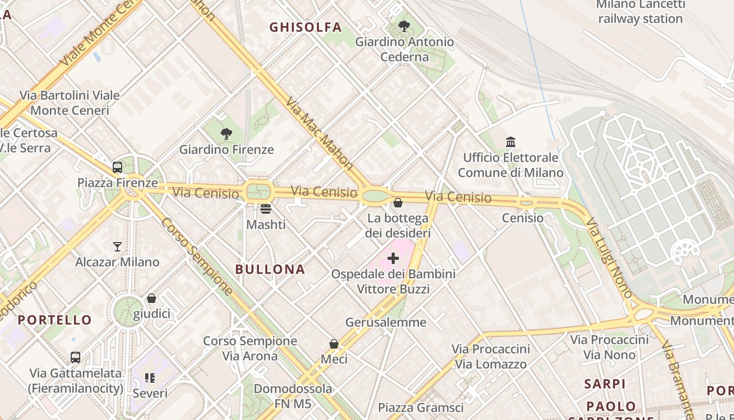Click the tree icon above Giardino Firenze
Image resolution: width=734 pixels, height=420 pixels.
coord(226,134)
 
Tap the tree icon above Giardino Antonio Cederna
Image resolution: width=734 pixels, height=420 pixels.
coord(404,26)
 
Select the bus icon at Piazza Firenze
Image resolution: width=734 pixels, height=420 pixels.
coord(117,167)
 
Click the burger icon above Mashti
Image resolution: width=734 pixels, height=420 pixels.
coord(266,209)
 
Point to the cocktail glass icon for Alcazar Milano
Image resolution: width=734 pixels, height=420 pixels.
coord(117,246)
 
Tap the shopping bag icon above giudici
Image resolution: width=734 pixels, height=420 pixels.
coord(152,298)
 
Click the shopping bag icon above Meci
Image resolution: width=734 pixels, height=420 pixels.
coord(334,344)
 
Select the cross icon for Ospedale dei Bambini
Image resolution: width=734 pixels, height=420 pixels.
coord(393,258)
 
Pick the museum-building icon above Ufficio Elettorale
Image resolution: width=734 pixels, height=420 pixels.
coord(511,142)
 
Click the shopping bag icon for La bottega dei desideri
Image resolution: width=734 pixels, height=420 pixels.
coord(398,202)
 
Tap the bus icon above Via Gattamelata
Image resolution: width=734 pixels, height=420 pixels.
coord(75,358)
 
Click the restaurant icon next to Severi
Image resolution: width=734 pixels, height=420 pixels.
coord(150,378)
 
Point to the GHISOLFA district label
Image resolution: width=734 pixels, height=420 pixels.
coord(305,27)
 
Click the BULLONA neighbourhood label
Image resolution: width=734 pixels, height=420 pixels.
coord(270,270)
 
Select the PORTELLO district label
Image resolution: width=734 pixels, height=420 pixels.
coord(55,320)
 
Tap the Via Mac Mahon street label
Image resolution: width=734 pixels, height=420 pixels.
coord(319,133)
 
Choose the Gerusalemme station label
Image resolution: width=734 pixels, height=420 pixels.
coord(386,322)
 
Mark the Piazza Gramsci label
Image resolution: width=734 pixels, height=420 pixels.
coord(420,408)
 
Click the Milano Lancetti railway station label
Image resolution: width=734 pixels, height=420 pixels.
coord(640,12)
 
